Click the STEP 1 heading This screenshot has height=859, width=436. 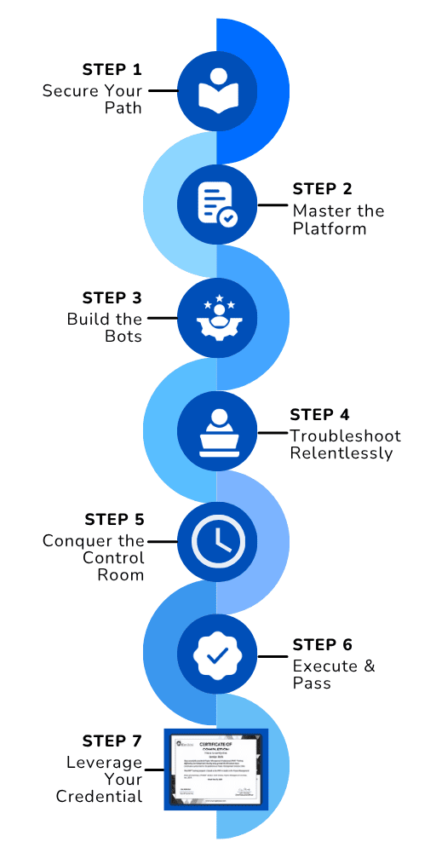(x=112, y=69)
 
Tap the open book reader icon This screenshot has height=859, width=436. (x=217, y=91)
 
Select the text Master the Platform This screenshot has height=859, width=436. (x=338, y=220)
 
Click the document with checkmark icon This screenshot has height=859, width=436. (x=217, y=205)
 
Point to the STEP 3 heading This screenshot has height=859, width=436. (x=112, y=297)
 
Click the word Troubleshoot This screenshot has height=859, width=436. (x=345, y=435)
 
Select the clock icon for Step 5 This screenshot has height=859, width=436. (x=217, y=541)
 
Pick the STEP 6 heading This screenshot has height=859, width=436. (x=322, y=645)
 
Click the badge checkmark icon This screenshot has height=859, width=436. (x=217, y=655)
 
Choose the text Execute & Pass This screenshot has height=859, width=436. (x=333, y=674)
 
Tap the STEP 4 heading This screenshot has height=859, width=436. (x=319, y=415)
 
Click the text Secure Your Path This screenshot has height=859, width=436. (x=95, y=99)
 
